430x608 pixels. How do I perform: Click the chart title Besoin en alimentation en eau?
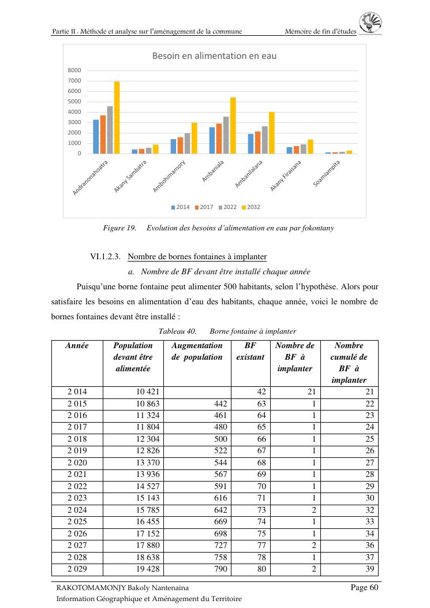coord(214,56)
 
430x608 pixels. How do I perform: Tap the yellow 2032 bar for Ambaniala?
coord(233,126)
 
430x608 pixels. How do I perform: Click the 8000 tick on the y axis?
coord(74,70)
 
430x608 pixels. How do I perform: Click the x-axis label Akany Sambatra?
coord(131,176)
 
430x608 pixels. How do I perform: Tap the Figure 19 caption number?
coord(119,228)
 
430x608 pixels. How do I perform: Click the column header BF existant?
coord(250,351)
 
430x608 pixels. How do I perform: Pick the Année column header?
coord(77,346)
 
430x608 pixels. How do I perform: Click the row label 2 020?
coord(77,462)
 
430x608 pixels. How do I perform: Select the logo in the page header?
coord(371,24)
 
